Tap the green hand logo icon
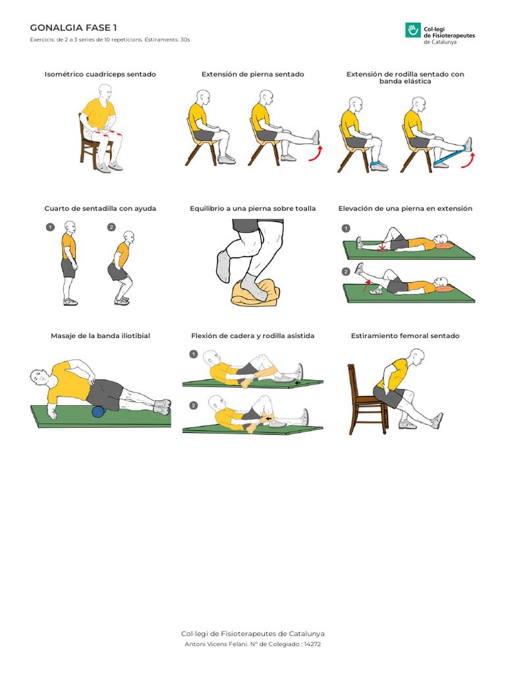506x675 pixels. tap(413, 30)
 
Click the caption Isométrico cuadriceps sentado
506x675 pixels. tap(100, 74)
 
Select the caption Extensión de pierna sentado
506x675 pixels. tap(253, 74)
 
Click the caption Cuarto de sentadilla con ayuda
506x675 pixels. tap(100, 208)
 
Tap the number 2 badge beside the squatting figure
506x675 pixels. tap(111, 227)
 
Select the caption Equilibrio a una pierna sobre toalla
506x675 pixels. tap(253, 208)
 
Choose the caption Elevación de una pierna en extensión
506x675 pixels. tap(405, 208)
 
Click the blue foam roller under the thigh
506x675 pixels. tap(98, 411)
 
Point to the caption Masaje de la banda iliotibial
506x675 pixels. tap(100, 336)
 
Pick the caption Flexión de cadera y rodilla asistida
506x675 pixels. tap(253, 336)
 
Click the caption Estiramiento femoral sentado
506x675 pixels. tap(405, 336)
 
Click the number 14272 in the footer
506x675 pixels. tap(312, 644)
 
